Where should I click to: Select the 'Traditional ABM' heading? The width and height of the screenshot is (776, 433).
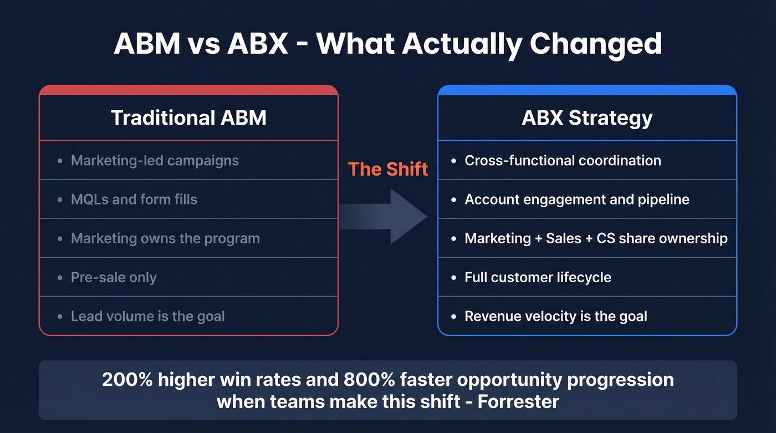(188, 118)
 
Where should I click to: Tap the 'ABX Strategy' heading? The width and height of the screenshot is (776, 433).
(587, 118)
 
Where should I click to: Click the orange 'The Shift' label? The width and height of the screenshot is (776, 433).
(388, 169)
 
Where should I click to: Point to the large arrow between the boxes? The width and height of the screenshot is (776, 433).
(388, 217)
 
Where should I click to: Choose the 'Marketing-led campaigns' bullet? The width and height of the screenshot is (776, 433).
(155, 161)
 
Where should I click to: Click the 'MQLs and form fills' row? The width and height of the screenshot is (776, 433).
(134, 200)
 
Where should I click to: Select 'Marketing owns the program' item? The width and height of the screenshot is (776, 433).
(165, 238)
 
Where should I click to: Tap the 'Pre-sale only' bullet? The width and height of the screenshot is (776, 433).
(114, 277)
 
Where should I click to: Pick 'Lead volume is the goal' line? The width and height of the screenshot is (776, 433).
(147, 317)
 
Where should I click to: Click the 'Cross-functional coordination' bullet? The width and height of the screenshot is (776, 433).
(563, 161)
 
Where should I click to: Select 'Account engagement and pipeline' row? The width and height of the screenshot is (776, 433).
(576, 200)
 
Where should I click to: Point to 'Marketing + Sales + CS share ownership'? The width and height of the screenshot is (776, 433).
(596, 238)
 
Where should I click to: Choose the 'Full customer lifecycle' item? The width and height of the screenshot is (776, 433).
(538, 277)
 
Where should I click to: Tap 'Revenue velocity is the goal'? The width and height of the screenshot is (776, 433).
(555, 317)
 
